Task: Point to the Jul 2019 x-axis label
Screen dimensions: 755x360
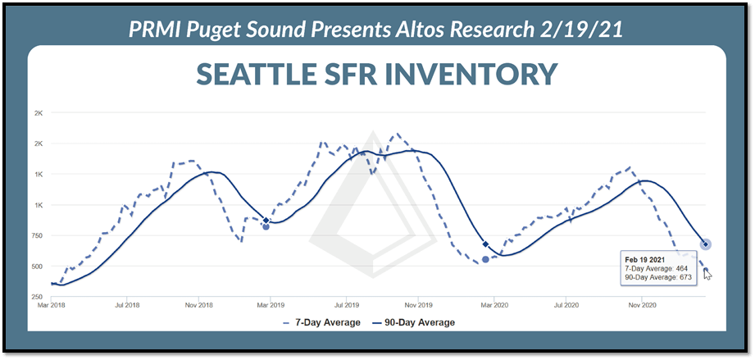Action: (345, 305)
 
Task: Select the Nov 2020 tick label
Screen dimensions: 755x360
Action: (641, 305)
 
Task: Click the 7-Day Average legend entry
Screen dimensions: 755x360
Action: (321, 322)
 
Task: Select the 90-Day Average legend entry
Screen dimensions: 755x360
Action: (414, 322)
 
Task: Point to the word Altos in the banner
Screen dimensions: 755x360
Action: (417, 30)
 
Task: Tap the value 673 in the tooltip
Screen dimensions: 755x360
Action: (685, 276)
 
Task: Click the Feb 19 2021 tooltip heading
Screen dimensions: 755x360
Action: (644, 260)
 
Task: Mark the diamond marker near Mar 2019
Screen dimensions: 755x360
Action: (266, 221)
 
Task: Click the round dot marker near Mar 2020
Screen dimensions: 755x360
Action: (485, 259)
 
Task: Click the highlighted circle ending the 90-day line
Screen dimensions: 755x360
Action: (706, 244)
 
